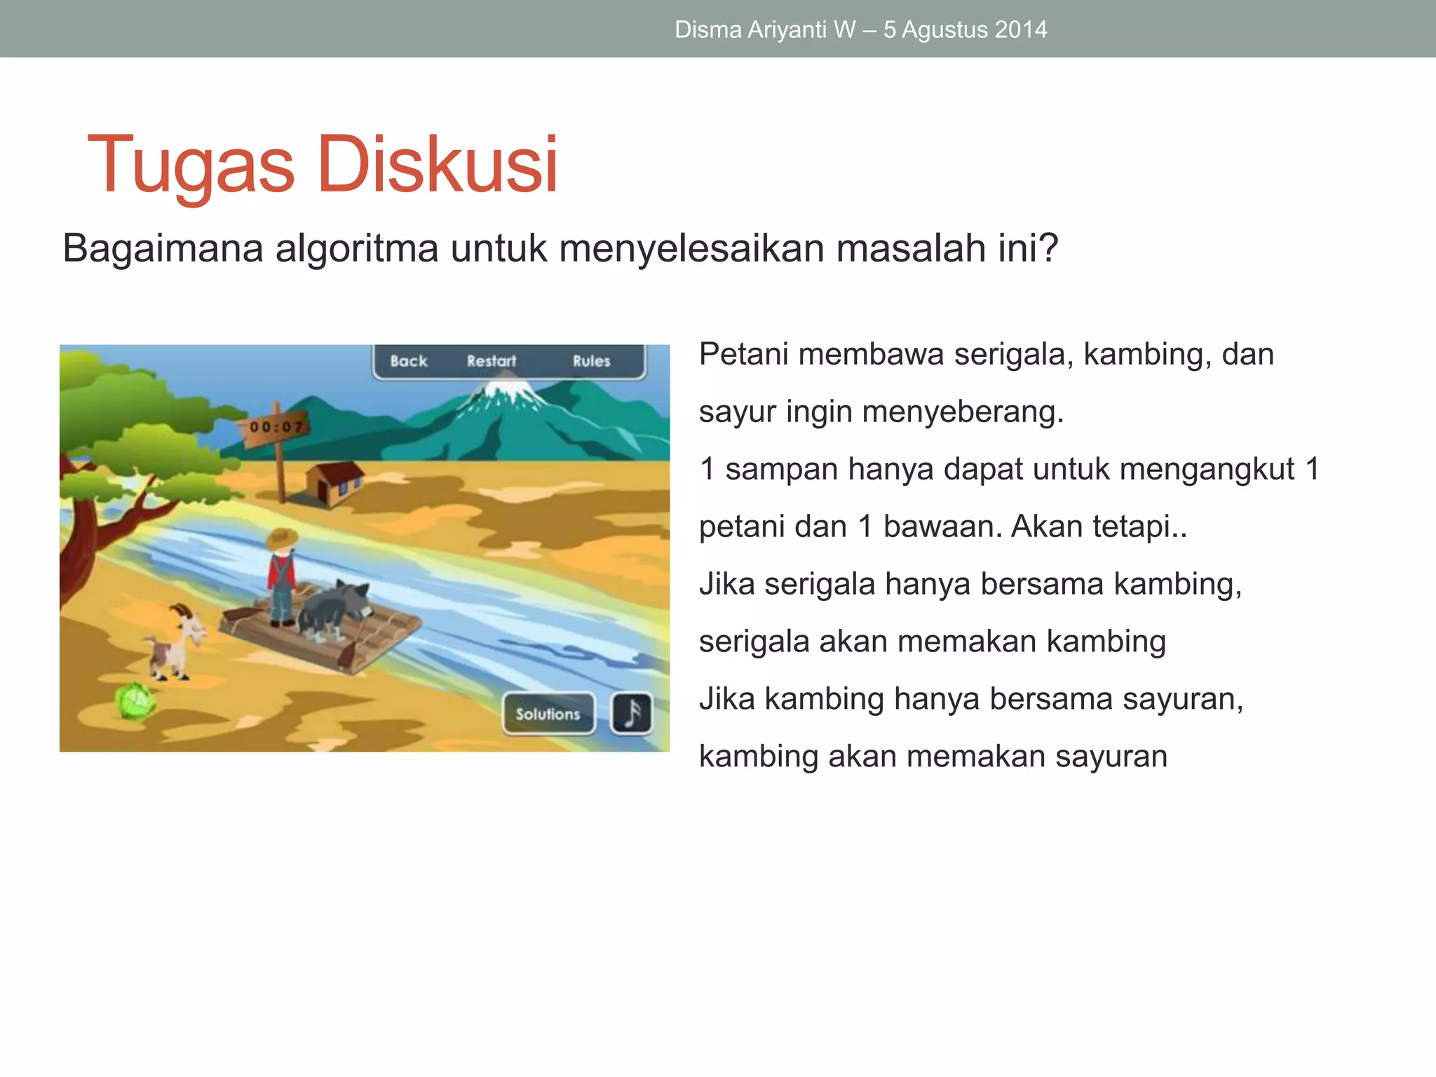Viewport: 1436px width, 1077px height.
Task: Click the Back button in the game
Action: point(408,361)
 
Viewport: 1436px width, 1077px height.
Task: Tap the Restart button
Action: point(492,361)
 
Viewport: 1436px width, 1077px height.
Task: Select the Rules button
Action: point(591,361)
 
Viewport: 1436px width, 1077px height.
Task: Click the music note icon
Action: point(631,714)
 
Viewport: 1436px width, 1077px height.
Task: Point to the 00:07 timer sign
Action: point(276,426)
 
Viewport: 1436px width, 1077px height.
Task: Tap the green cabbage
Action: point(135,700)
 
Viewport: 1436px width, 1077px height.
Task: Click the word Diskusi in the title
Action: point(438,165)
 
